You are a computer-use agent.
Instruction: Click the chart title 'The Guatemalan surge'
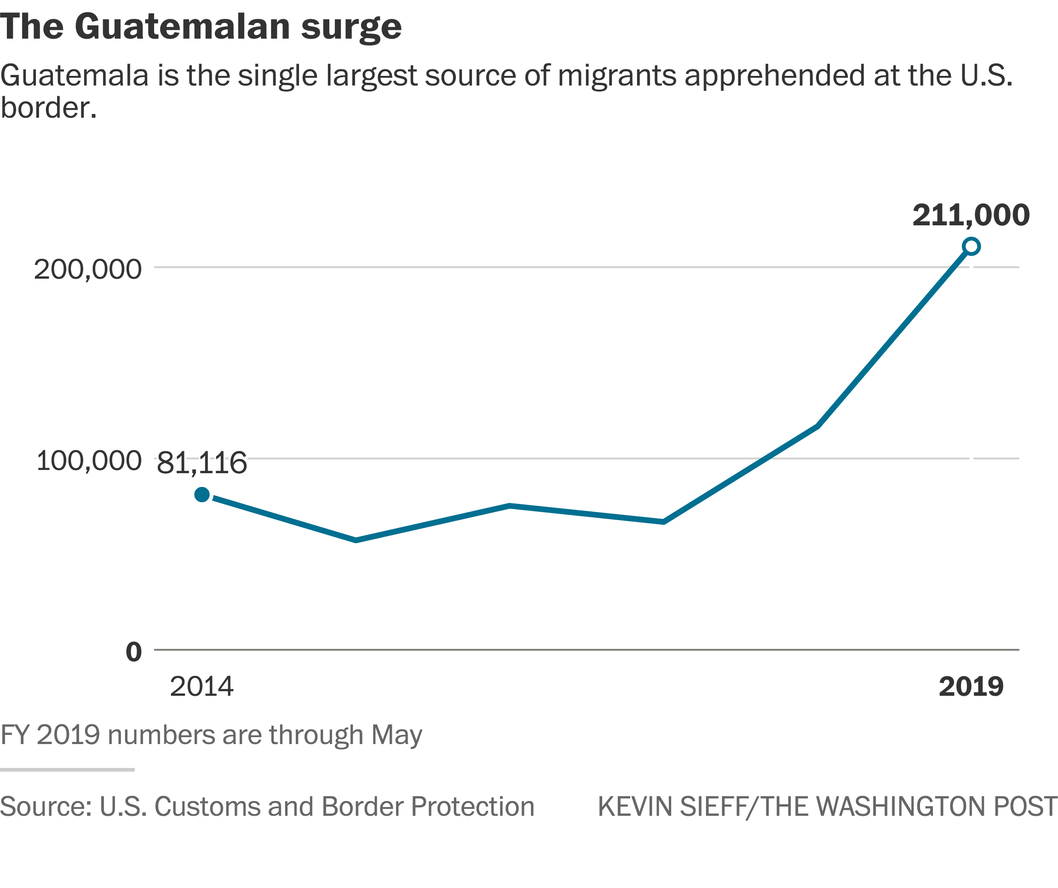tap(201, 27)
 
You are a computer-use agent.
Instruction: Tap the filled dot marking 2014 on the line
tap(202, 495)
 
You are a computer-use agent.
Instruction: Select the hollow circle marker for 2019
tap(971, 246)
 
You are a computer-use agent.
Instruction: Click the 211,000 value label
tap(971, 216)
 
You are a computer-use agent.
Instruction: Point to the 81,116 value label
tap(201, 464)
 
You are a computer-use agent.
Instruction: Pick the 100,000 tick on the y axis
tap(89, 461)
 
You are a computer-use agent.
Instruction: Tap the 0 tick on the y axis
tap(133, 652)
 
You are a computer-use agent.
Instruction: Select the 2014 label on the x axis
tap(201, 687)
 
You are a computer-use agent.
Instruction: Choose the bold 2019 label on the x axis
tap(971, 687)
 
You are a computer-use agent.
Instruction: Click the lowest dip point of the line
tap(356, 540)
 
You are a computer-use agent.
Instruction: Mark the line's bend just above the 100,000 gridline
tap(816, 426)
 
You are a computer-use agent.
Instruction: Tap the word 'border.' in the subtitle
tap(48, 108)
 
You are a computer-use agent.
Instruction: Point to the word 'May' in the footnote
tap(397, 735)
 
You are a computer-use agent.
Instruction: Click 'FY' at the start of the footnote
tap(15, 735)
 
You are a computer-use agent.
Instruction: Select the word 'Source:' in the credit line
tap(46, 807)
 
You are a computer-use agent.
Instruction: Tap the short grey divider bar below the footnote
tap(67, 770)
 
